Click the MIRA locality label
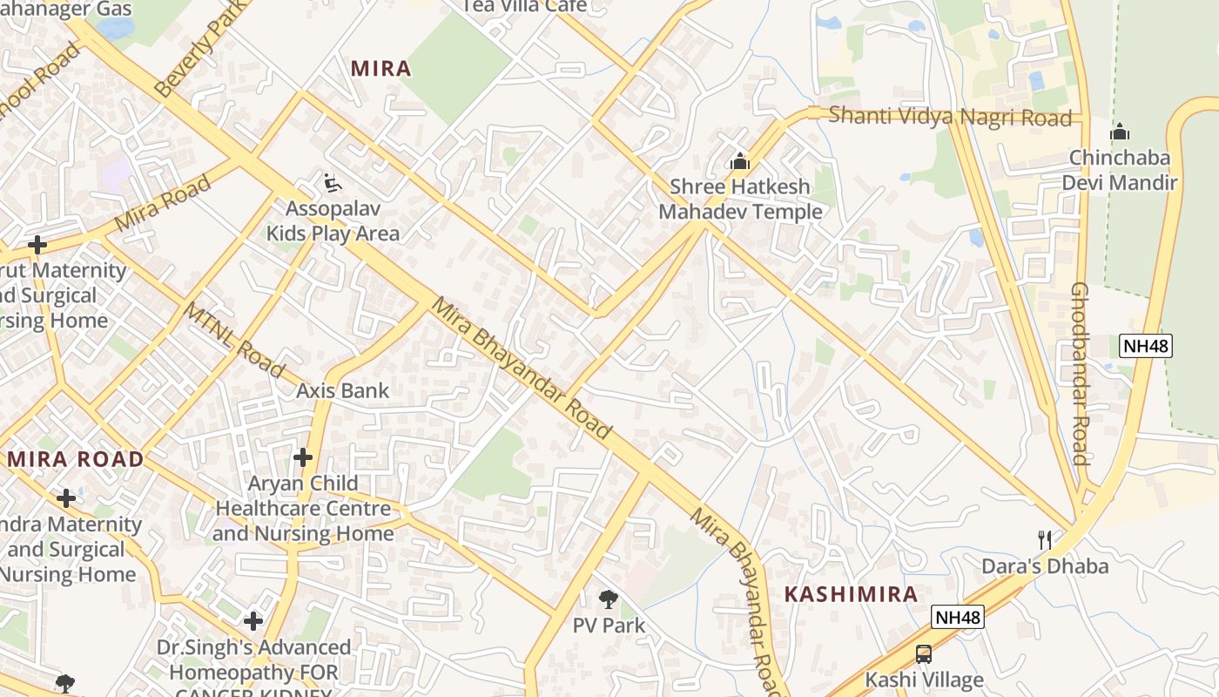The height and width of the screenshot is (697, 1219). [381, 69]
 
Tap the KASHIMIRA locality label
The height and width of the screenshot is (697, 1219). [851, 595]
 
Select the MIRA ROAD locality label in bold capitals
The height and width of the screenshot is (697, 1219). [76, 459]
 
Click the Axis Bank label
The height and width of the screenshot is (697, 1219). [342, 390]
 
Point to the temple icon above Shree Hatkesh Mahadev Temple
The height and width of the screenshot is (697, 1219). [740, 161]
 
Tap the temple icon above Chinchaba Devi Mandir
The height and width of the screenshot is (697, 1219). [1119, 132]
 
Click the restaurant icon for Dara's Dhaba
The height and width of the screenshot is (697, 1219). [1045, 540]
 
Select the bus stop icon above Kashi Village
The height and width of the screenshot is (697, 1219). [923, 653]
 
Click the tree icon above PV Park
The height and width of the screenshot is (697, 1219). [609, 599]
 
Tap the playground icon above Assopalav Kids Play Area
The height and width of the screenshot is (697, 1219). [332, 183]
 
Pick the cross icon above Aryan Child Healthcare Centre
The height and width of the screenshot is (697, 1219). [302, 457]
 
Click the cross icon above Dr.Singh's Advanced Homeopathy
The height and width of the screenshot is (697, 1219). [253, 621]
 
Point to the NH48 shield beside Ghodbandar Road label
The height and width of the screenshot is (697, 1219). [1146, 346]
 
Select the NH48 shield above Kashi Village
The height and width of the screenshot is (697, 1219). [958, 618]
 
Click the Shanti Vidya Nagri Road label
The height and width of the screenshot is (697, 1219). [949, 116]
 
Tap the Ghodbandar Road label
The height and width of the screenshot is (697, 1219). [1080, 374]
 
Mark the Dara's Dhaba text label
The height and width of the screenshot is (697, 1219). [1045, 566]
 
